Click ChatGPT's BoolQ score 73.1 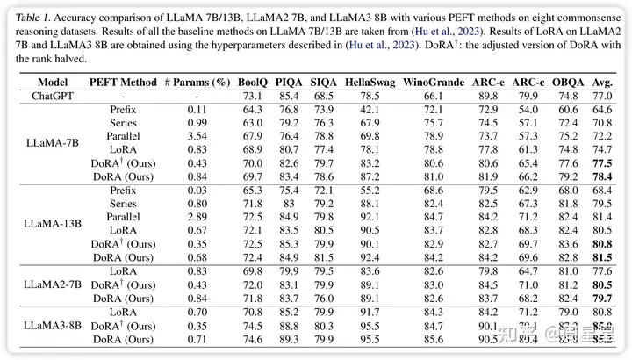(253, 94)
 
